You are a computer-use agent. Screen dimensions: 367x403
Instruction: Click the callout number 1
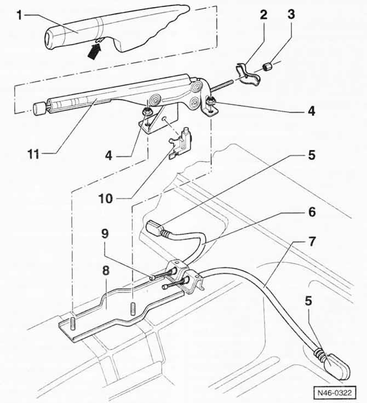(19, 15)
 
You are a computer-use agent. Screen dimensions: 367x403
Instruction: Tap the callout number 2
(263, 15)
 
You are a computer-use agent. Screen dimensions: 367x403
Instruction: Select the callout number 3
(291, 14)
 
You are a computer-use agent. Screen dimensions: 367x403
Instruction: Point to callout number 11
(33, 154)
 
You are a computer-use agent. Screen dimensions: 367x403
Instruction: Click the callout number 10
(106, 198)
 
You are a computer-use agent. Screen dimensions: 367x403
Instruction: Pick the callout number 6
(312, 212)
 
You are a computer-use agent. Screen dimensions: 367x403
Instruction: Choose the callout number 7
(312, 241)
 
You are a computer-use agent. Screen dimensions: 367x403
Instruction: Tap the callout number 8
(106, 270)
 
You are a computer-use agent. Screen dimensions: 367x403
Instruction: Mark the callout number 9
(105, 233)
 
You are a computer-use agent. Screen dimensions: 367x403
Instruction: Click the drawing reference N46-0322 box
(335, 393)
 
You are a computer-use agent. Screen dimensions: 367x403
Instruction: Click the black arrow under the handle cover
(94, 51)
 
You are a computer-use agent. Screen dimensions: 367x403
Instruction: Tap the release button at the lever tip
(38, 108)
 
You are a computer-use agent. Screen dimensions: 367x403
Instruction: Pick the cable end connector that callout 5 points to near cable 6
(155, 229)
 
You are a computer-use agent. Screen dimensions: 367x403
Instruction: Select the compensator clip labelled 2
(247, 74)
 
